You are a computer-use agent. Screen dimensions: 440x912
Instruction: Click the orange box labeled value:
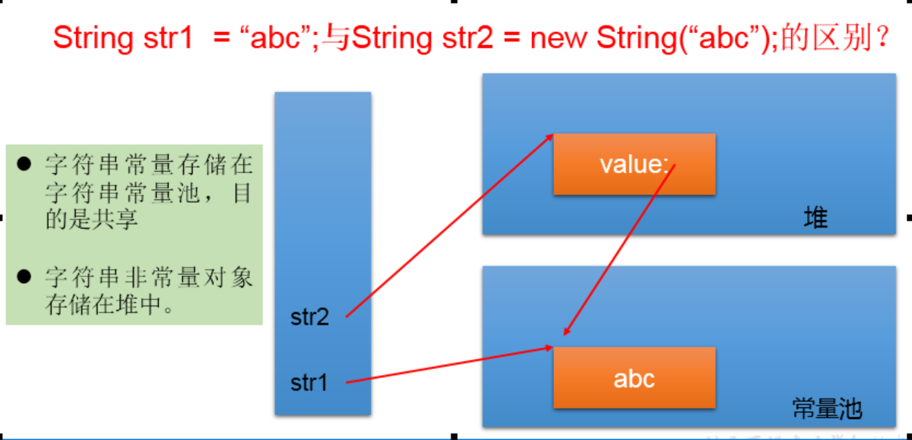coord(634,164)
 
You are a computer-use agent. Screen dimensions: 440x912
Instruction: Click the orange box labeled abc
coord(634,378)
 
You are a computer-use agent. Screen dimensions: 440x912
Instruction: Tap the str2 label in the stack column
coord(310,317)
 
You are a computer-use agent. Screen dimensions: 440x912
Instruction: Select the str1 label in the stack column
coord(310,382)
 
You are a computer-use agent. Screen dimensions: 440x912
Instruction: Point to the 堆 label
coord(816,217)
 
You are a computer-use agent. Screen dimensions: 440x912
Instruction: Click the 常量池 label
coord(827,409)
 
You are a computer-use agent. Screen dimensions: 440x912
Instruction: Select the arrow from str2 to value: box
coord(448,226)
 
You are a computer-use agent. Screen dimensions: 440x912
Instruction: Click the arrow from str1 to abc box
coord(448,365)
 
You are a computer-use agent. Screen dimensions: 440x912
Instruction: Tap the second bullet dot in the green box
coord(24,276)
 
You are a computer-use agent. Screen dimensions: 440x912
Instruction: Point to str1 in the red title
coord(164,38)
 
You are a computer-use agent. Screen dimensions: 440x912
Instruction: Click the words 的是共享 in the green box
coord(91,220)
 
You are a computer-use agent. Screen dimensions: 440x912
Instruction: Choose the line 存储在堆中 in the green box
coord(109,304)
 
